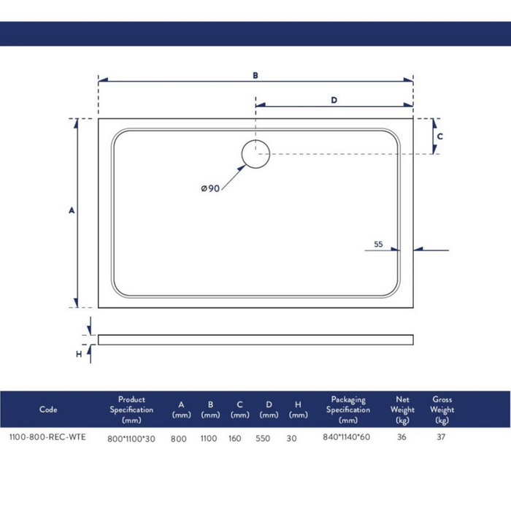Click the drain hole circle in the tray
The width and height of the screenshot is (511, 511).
click(255, 155)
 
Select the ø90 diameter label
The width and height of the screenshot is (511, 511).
click(211, 188)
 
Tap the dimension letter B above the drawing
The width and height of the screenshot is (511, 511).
click(255, 75)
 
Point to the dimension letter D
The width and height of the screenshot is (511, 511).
click(334, 101)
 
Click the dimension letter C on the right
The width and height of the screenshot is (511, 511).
click(440, 136)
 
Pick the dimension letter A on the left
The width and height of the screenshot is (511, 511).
click(72, 211)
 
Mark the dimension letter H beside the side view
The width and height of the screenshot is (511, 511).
click(79, 354)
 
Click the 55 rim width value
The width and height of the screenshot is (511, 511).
click(378, 245)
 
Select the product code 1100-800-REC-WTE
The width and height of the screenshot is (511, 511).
click(47, 438)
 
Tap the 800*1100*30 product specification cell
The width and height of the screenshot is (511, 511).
click(131, 439)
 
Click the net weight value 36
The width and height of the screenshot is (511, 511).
click(401, 438)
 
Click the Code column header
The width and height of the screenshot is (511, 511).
click(48, 410)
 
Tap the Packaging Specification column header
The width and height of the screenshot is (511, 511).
click(348, 410)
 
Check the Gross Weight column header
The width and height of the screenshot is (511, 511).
click(442, 410)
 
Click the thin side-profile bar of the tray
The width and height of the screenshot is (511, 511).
click(255, 339)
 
